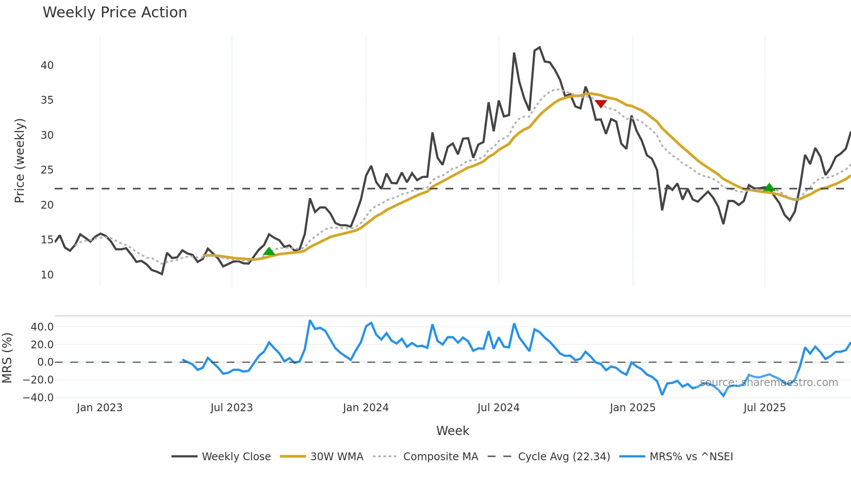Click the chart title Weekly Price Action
pos(115,13)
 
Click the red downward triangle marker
pos(601,104)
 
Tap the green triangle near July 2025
pos(769,187)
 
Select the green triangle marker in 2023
pos(269,252)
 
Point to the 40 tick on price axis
pos(47,65)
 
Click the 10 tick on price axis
pos(47,275)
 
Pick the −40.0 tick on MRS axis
pos(38,398)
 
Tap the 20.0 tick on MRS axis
pos(42,345)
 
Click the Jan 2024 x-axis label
pos(366,408)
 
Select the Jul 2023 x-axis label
pos(231,408)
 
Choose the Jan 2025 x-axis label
pos(632,408)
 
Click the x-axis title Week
pos(452,431)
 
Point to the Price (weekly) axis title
pos(20,160)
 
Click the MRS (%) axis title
pos(7,358)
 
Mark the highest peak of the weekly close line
pos(540,47)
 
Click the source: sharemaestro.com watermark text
pos(769,383)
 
